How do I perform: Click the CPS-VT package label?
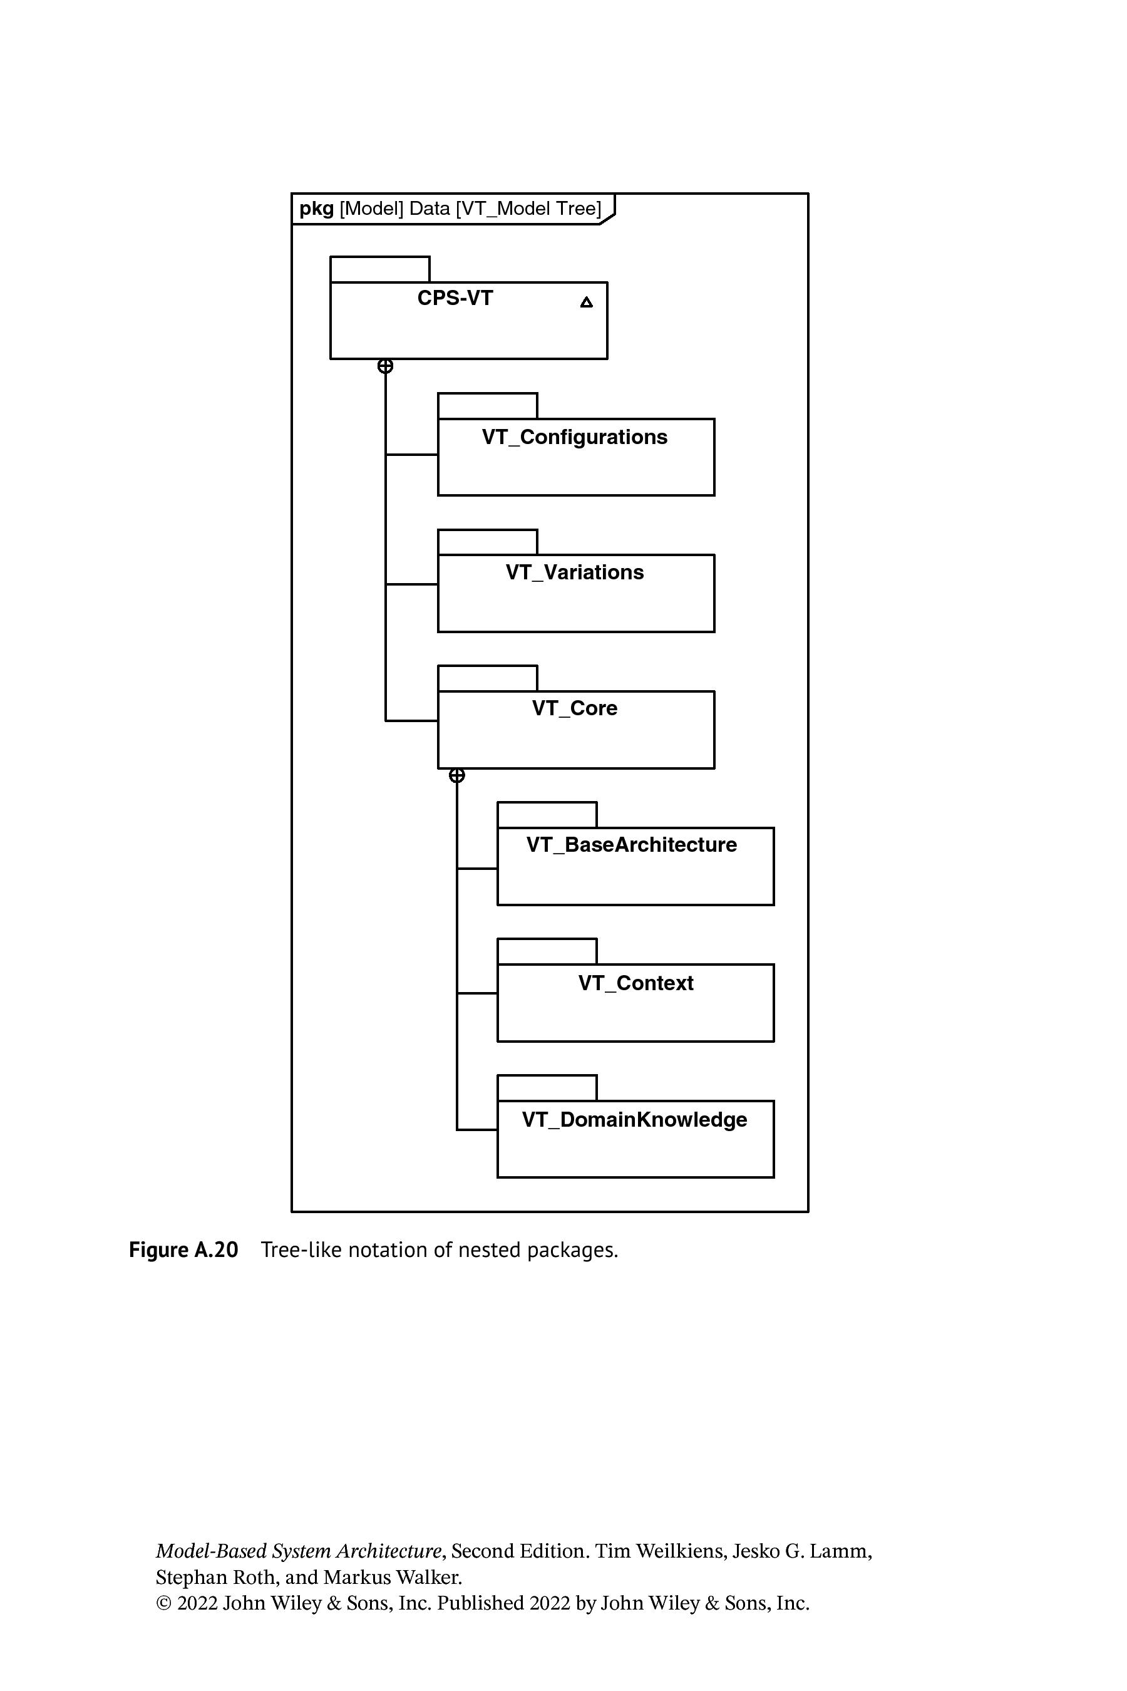(x=455, y=298)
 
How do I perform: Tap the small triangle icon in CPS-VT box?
(x=587, y=303)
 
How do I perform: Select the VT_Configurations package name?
(x=575, y=437)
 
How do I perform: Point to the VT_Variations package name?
(x=575, y=572)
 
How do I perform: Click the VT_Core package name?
(x=575, y=708)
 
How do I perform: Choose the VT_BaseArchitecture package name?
(x=632, y=845)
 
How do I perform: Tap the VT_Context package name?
(x=636, y=983)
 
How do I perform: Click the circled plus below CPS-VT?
(x=385, y=366)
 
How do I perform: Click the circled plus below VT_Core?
(x=457, y=776)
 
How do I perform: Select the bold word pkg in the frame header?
(x=316, y=209)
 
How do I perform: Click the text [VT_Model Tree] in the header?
(x=528, y=209)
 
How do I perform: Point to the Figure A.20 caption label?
(x=183, y=1249)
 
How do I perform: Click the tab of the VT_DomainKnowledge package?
(x=547, y=1088)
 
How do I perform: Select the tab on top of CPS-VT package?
(x=379, y=269)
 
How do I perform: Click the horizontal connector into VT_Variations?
(x=412, y=584)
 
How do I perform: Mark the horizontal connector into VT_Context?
(x=477, y=993)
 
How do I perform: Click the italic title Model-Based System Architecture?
(x=298, y=1551)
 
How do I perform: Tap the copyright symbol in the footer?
(x=164, y=1604)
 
